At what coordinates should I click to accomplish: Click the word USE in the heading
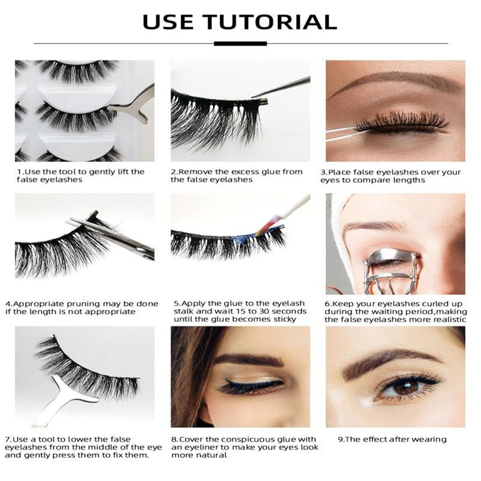click(168, 22)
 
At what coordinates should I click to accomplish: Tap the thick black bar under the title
click(240, 44)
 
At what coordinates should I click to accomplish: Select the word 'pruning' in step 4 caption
click(83, 304)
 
